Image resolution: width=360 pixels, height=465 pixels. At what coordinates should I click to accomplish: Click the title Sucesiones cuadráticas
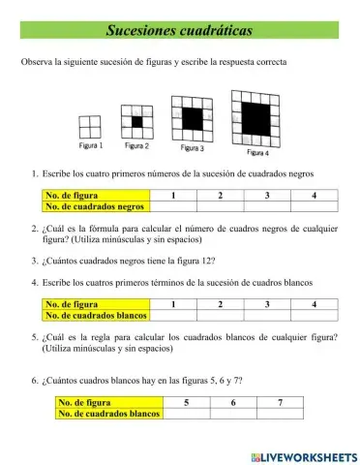[x=179, y=30]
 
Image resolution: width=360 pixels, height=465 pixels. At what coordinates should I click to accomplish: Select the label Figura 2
[x=136, y=145]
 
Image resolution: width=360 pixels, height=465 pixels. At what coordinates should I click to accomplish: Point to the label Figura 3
[x=193, y=148]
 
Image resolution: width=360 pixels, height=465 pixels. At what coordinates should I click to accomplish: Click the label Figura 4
[x=257, y=152]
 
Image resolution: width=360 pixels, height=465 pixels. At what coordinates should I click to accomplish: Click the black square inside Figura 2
[x=136, y=122]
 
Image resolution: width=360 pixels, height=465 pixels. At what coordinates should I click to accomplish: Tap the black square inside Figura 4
[x=255, y=117]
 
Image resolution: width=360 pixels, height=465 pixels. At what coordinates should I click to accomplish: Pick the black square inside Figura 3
[x=192, y=118]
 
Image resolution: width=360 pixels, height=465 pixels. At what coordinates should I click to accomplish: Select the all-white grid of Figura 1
[x=90, y=126]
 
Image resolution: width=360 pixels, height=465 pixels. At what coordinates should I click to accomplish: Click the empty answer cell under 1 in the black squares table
[x=172, y=206]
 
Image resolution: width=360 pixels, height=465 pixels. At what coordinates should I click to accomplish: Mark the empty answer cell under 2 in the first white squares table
[x=220, y=316]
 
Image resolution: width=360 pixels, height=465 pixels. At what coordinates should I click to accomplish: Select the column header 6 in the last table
[x=233, y=401]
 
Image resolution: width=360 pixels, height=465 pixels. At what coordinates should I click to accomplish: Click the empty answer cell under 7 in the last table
[x=280, y=413]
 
